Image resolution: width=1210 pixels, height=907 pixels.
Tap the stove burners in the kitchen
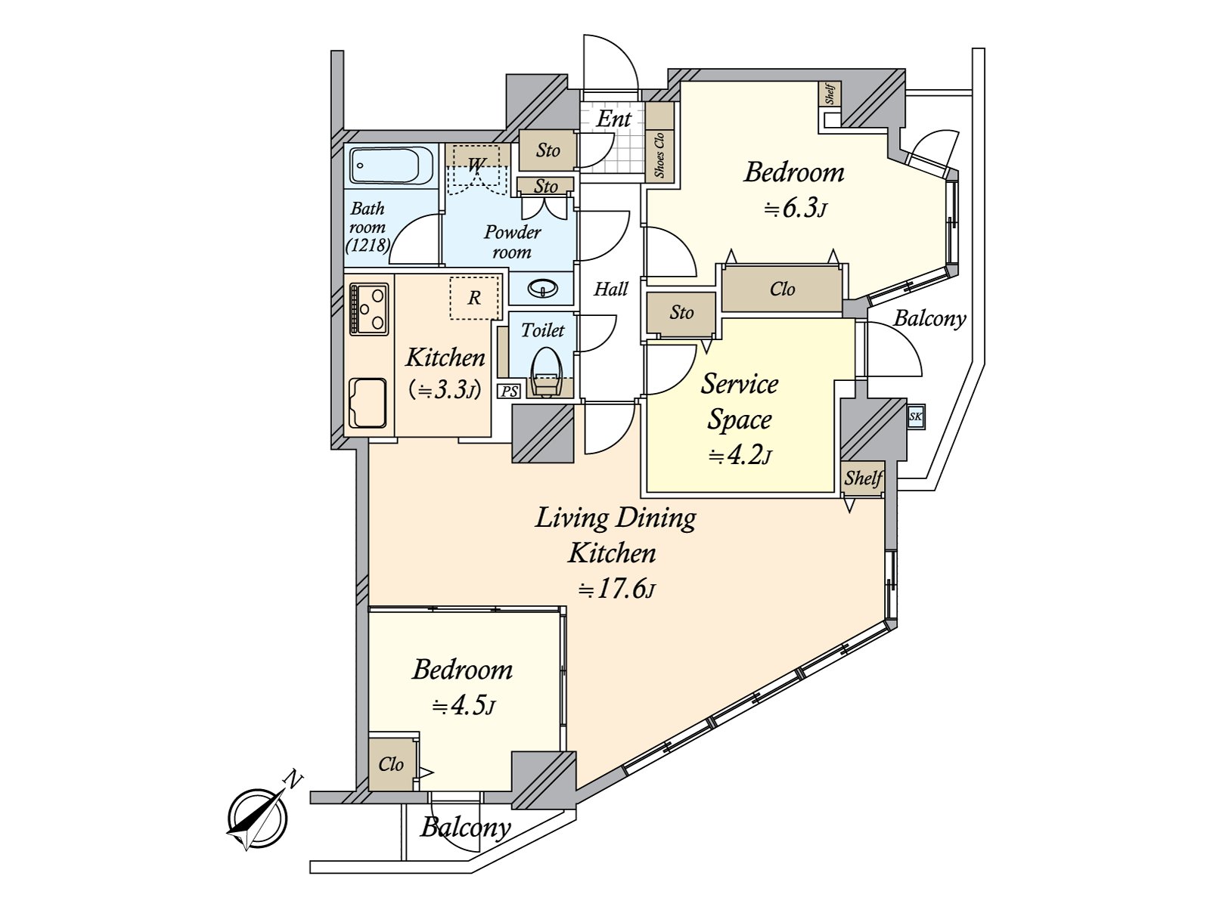tap(368, 308)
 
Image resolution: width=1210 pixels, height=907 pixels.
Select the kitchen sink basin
tap(368, 402)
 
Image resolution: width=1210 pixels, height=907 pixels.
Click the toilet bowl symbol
tap(545, 374)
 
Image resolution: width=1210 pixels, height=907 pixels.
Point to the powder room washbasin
tap(541, 288)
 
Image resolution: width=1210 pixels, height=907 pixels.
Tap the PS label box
tap(508, 391)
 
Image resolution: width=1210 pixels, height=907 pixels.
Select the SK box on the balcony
tap(915, 416)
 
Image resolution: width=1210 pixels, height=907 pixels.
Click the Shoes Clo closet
tap(659, 156)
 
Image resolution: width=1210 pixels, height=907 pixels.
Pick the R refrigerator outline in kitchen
tap(474, 298)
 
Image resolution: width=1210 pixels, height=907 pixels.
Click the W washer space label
tap(476, 163)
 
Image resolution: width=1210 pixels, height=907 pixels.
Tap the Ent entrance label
tap(613, 119)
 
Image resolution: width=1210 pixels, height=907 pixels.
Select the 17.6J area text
tap(616, 590)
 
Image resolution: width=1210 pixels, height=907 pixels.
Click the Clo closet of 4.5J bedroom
tap(391, 764)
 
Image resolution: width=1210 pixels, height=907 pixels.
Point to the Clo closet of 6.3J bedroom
tap(782, 289)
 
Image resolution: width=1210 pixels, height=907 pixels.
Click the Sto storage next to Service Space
tap(681, 312)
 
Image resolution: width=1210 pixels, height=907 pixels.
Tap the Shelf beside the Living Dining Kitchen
tap(863, 478)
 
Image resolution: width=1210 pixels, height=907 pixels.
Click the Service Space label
tap(739, 401)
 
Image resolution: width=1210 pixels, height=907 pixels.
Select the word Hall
tap(610, 289)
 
